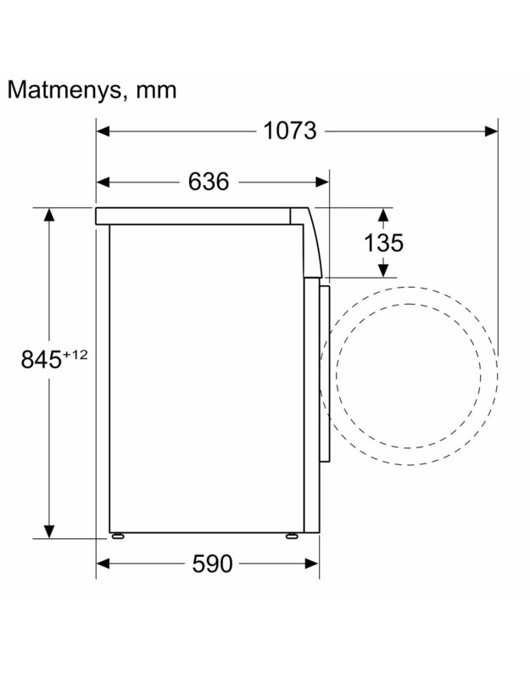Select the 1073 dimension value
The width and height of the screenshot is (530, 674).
(289, 131)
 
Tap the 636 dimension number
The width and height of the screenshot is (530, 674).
(209, 182)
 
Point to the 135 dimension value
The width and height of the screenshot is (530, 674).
(383, 243)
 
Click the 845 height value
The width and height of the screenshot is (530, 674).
(42, 359)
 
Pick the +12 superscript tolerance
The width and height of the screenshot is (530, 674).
(75, 355)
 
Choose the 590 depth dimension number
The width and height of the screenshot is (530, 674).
(212, 564)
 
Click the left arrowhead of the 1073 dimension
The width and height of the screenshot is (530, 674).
(103, 131)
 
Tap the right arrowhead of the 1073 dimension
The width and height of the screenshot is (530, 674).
(491, 131)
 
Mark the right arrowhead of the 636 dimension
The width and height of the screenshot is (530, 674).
(322, 183)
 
